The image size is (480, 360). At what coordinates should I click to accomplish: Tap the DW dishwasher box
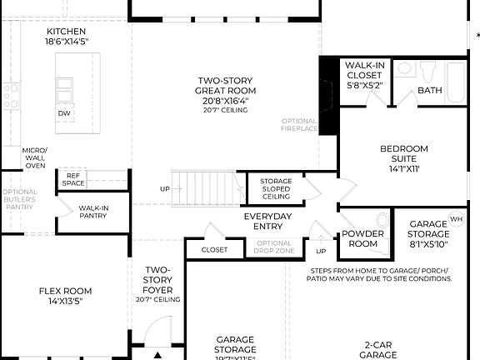tap(65, 112)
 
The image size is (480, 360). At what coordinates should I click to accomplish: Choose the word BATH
tap(430, 90)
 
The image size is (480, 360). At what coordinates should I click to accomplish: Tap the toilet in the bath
tap(431, 70)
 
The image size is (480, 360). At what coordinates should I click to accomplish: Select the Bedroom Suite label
tap(404, 154)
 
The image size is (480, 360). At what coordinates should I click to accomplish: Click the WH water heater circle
tap(456, 219)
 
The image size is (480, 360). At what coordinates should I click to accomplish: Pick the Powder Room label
tap(364, 239)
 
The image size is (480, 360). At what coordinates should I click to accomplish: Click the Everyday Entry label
tap(267, 222)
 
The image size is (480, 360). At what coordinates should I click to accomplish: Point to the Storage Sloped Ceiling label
tap(276, 189)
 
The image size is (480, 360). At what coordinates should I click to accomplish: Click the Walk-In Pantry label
tap(93, 212)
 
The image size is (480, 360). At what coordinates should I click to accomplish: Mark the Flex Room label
tap(65, 296)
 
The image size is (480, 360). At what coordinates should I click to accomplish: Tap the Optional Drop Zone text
tap(267, 247)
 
